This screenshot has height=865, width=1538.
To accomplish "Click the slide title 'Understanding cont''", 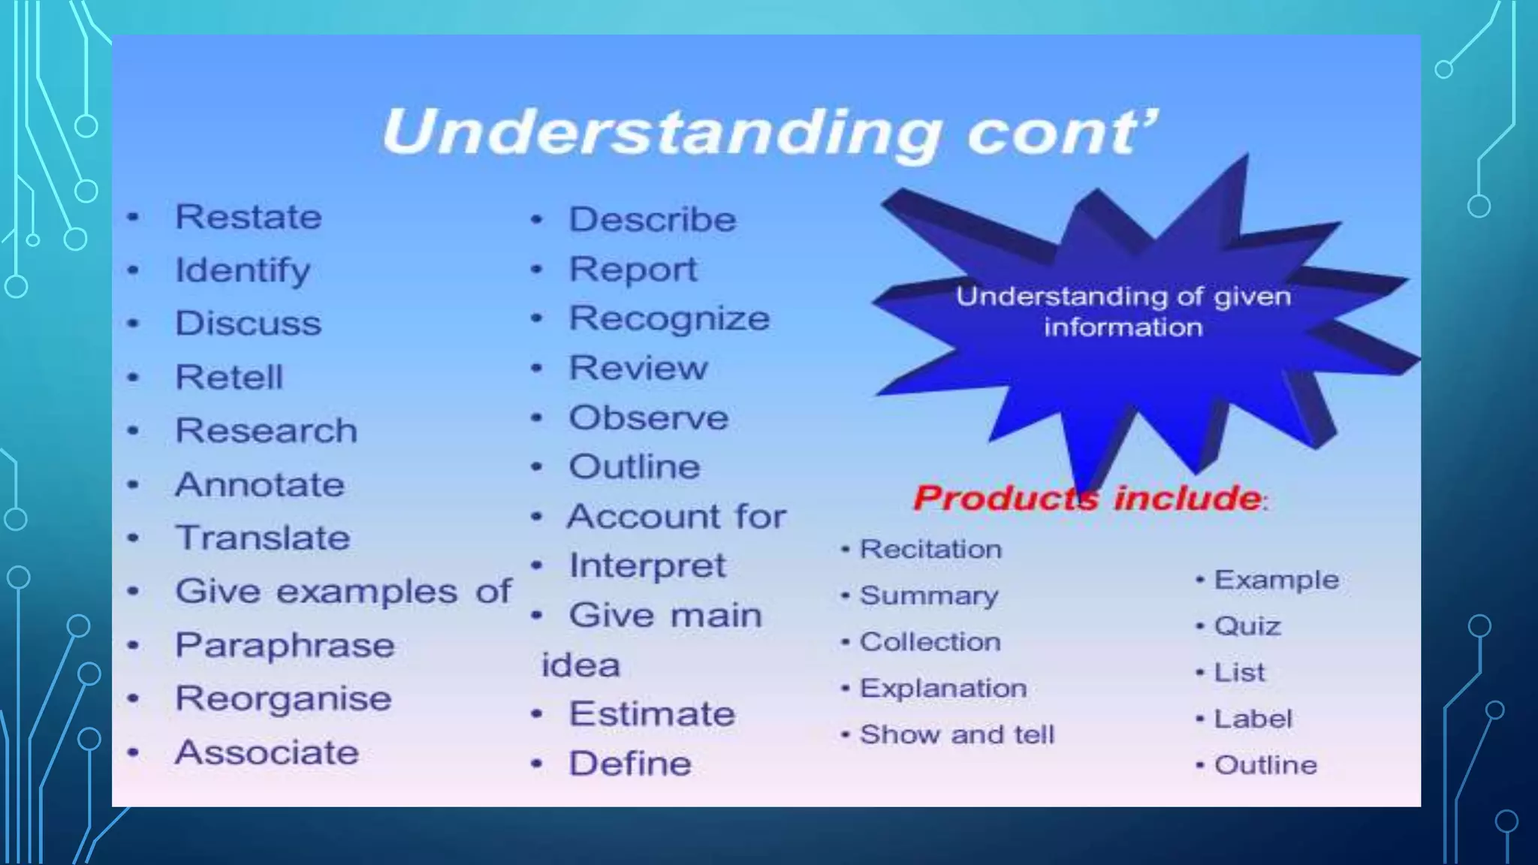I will click(x=769, y=131).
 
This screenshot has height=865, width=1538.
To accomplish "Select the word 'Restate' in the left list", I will click(x=249, y=217).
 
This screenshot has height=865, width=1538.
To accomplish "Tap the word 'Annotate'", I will click(x=260, y=484).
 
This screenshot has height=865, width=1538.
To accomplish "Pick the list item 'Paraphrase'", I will click(x=285, y=646).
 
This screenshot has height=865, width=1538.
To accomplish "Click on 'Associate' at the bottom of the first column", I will click(x=267, y=752).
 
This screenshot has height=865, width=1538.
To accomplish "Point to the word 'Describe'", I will click(x=653, y=219).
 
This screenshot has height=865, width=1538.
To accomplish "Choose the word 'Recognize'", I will click(x=669, y=318).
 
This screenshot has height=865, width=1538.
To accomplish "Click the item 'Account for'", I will click(x=676, y=517).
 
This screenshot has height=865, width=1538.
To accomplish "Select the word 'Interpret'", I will click(x=647, y=565).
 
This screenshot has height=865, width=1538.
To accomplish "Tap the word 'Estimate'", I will click(x=652, y=713).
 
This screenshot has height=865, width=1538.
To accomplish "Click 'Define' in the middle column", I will click(x=630, y=764).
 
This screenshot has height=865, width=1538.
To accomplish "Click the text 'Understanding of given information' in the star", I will click(x=1123, y=312).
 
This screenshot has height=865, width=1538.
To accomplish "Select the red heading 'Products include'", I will click(x=1089, y=498).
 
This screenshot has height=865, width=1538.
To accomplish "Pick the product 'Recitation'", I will click(x=930, y=549).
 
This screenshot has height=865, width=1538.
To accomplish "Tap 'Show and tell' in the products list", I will click(x=957, y=734).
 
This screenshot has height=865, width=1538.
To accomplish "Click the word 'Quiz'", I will click(x=1247, y=626).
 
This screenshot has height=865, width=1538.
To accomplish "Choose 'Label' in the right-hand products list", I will click(x=1253, y=719).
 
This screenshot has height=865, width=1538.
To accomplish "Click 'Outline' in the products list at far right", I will click(x=1265, y=765).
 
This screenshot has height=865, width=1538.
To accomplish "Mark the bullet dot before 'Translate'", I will click(x=133, y=538).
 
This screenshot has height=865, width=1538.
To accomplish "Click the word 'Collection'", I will click(x=930, y=642).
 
